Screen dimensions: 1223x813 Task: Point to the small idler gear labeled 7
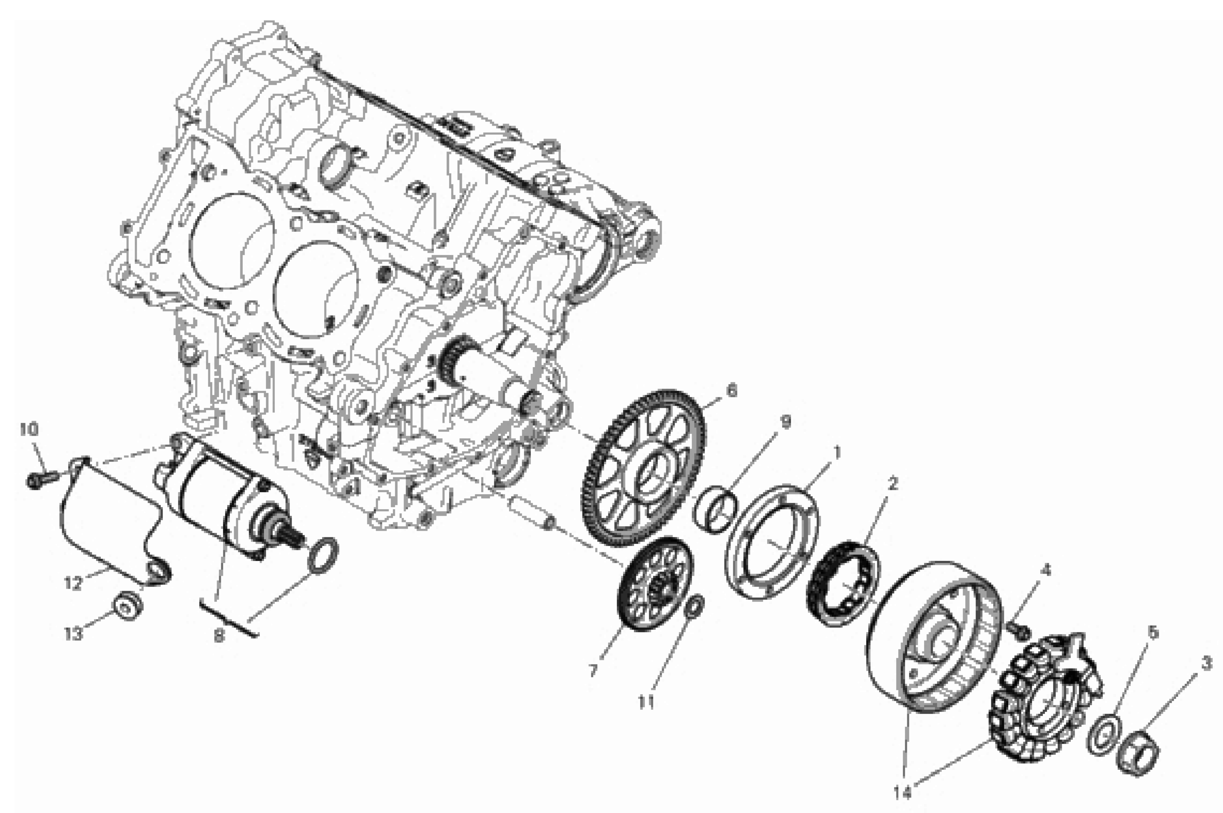pyautogui.click(x=655, y=583)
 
